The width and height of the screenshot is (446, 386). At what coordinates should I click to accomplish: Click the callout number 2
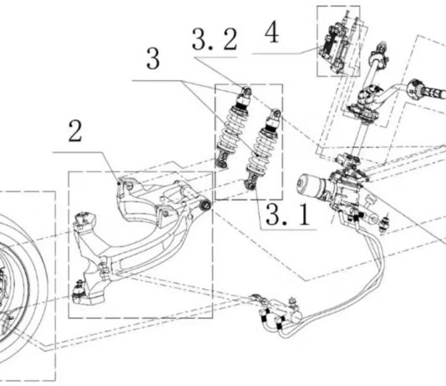(75, 131)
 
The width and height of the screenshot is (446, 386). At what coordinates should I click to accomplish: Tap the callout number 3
(153, 58)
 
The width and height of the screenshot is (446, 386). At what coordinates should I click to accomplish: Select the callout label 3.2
(215, 39)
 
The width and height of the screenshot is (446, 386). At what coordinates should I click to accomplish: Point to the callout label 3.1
(287, 215)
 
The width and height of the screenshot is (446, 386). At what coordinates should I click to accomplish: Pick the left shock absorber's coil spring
(231, 130)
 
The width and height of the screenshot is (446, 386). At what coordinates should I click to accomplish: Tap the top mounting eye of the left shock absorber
(246, 91)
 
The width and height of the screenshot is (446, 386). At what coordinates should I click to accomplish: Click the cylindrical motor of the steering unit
(312, 186)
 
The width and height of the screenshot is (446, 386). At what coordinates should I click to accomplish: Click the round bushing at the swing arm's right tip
(205, 206)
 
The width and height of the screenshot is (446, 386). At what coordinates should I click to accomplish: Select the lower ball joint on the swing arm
(79, 291)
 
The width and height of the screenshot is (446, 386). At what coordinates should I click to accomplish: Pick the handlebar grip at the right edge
(428, 89)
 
